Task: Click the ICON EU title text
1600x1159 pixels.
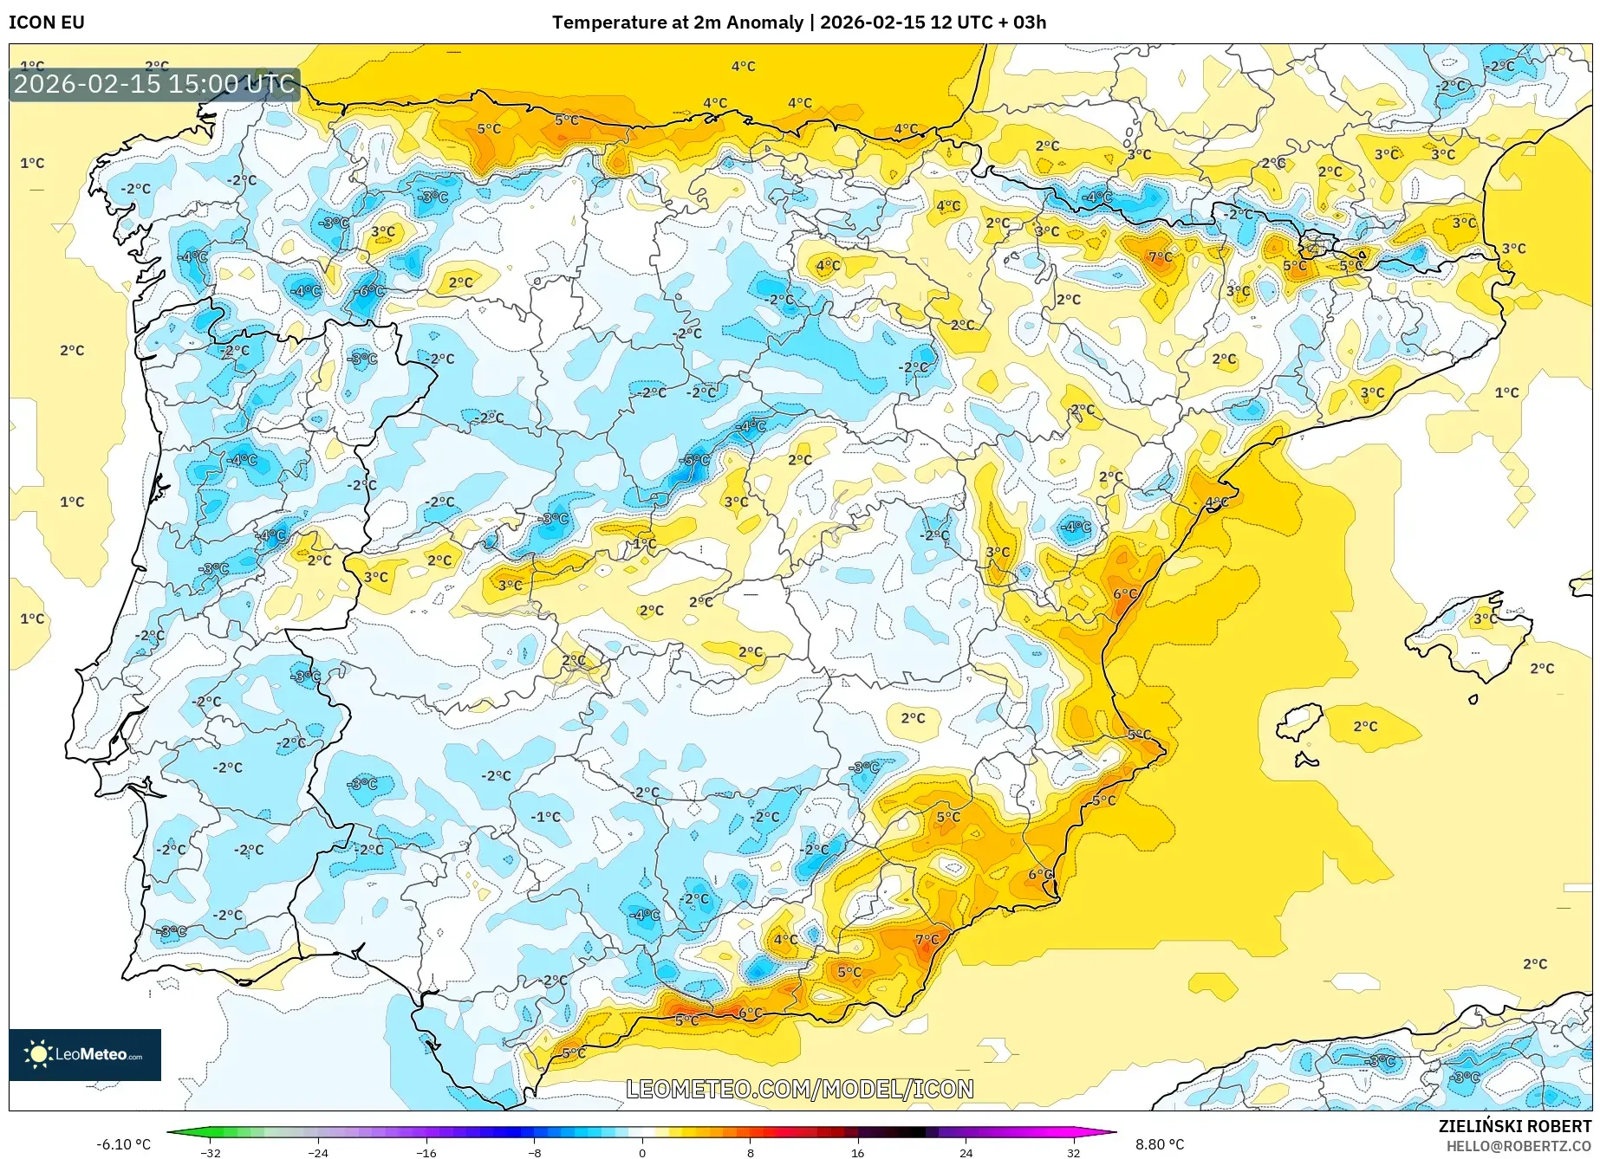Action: click(47, 23)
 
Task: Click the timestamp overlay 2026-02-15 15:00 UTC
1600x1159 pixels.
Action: click(154, 84)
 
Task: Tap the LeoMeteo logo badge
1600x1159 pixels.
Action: click(85, 1054)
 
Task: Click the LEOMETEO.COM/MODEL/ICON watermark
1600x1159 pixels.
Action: click(799, 1089)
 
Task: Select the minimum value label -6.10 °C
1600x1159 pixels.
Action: click(123, 1144)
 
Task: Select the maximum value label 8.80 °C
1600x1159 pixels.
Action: click(1160, 1144)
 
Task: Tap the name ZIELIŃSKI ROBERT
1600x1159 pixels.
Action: click(1515, 1126)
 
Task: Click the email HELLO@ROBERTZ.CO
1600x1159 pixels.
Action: click(1518, 1146)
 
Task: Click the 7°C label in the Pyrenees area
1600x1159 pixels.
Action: click(1160, 257)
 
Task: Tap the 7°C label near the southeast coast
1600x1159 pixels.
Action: click(927, 939)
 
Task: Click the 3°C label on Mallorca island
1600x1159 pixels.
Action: click(1485, 618)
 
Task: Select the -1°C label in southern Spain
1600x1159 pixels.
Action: click(546, 817)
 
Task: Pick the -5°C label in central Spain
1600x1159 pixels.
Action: click(696, 460)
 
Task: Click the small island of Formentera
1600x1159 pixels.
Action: click(1305, 761)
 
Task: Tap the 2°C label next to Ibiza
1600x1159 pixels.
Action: click(1365, 726)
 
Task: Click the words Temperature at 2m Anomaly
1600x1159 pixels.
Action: click(677, 23)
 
